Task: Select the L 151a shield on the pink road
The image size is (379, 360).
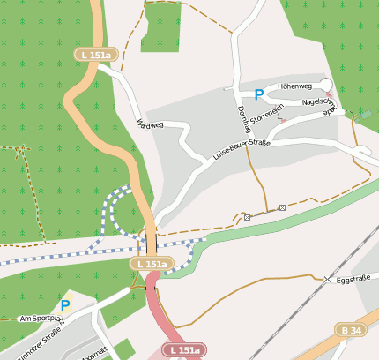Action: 185,350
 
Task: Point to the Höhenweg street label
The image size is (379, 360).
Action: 294,86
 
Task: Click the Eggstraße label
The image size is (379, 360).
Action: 353,279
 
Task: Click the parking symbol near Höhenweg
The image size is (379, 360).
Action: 258,94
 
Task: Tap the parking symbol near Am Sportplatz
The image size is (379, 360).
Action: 64,305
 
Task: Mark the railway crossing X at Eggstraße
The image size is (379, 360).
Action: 327,279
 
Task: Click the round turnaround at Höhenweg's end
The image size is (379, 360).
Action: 327,86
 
